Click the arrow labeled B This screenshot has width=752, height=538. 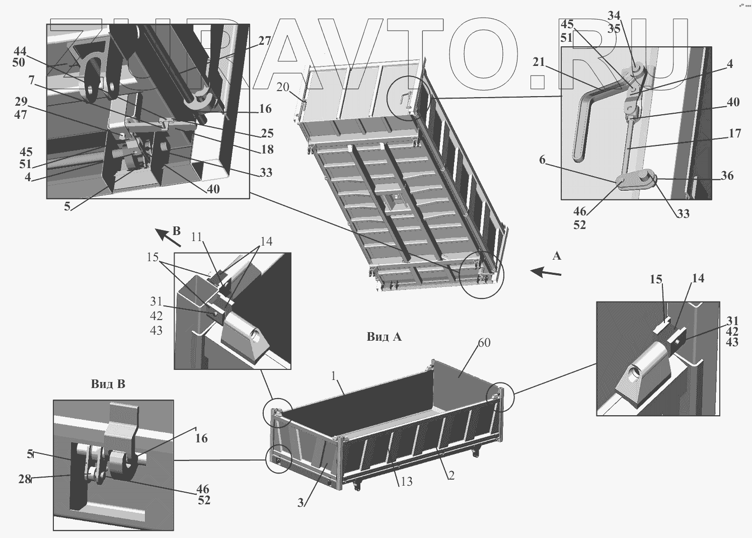click(168, 237)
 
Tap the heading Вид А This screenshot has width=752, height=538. click(384, 337)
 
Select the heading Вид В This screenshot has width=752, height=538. click(108, 384)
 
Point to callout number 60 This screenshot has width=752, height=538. click(484, 343)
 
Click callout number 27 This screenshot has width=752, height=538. click(265, 41)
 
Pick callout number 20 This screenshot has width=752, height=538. click(282, 87)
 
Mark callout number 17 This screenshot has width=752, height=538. click(734, 133)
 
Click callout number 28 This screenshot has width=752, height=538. click(25, 479)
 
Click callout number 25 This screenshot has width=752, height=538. click(267, 133)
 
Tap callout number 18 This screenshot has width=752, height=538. click(267, 149)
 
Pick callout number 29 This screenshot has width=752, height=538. click(21, 102)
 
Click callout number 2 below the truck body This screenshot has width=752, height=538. click(451, 475)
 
